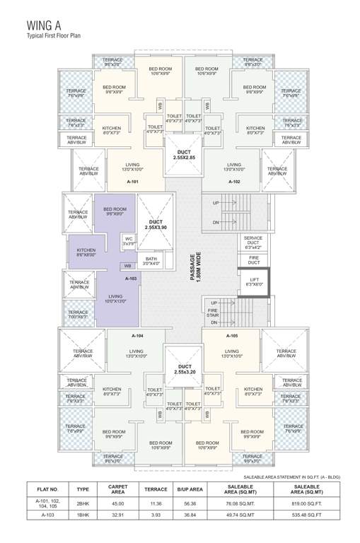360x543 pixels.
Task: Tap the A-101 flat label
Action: click(131, 182)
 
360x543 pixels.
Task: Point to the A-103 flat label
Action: click(131, 279)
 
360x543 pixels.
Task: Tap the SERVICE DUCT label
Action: click(253, 243)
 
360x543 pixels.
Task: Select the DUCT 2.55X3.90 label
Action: click(156, 225)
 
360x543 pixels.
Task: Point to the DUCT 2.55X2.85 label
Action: click(184, 154)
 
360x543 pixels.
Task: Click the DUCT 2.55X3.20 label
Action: click(184, 369)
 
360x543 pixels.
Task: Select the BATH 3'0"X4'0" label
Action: click(149, 261)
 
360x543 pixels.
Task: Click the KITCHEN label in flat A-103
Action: click(86, 252)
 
